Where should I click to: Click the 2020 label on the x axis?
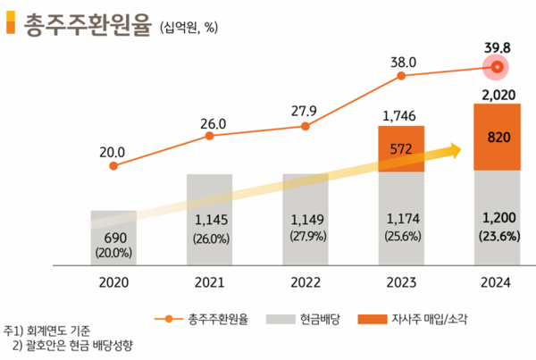pyautogui.click(x=113, y=283)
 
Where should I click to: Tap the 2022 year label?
pyautogui.click(x=305, y=283)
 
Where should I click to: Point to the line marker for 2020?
pyautogui.click(x=113, y=165)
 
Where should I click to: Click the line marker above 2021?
pyautogui.click(x=209, y=136)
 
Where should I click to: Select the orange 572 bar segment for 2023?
pyautogui.click(x=401, y=147)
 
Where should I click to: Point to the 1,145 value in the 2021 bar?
pyautogui.click(x=210, y=221)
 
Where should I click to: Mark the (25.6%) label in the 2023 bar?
pyautogui.click(x=401, y=237)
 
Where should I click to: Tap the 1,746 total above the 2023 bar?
pyautogui.click(x=401, y=115)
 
